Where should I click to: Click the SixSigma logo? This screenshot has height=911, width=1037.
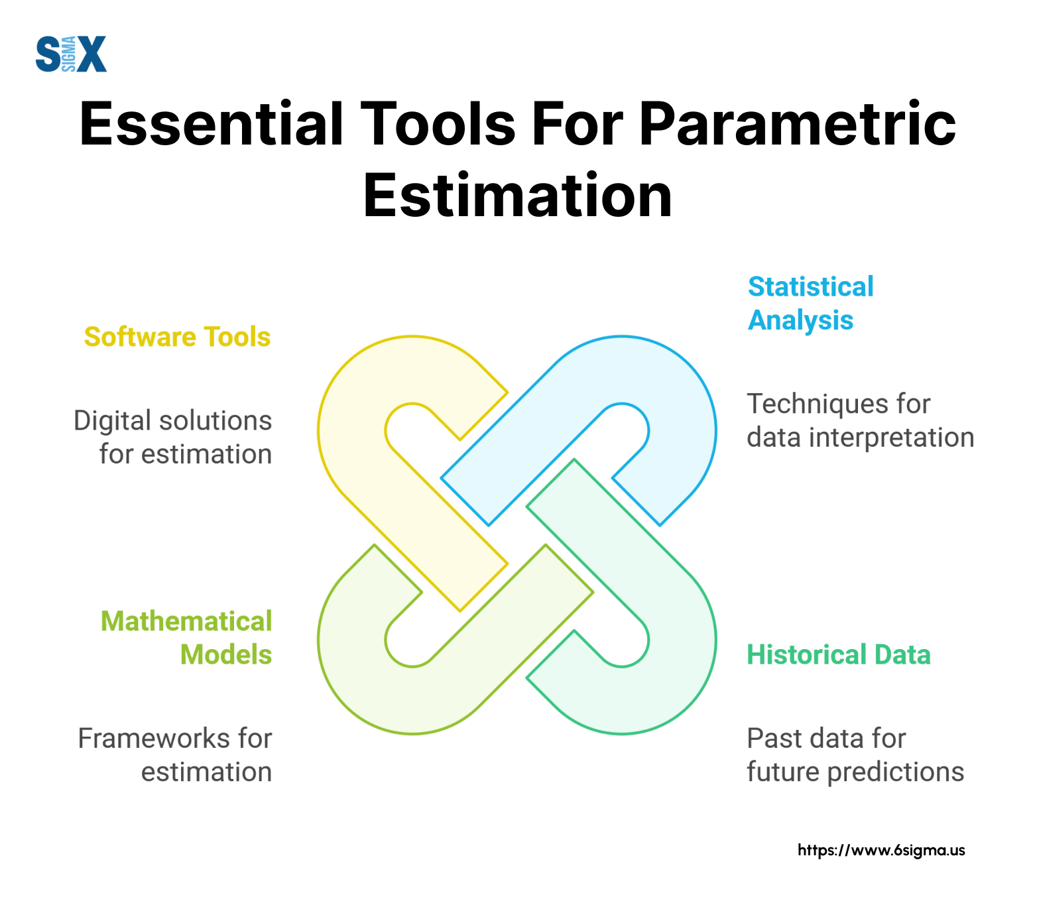(x=71, y=54)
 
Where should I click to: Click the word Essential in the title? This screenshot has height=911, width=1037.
(x=212, y=124)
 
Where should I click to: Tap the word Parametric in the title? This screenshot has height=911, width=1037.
(x=797, y=124)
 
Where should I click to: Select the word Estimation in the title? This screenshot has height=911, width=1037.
(x=518, y=196)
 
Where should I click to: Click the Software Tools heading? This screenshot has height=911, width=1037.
(x=177, y=337)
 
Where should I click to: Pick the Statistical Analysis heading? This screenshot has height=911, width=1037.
(x=810, y=304)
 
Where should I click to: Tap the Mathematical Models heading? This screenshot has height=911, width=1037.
(x=186, y=638)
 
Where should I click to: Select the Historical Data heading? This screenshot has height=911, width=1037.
(x=839, y=654)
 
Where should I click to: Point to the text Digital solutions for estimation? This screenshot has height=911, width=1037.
(x=173, y=438)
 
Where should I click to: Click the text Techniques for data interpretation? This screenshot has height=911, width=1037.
(x=861, y=420)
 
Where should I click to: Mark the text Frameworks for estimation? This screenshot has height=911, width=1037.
(x=175, y=755)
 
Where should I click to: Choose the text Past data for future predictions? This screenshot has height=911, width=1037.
(x=855, y=755)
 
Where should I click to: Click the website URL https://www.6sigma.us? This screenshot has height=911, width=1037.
(x=881, y=850)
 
